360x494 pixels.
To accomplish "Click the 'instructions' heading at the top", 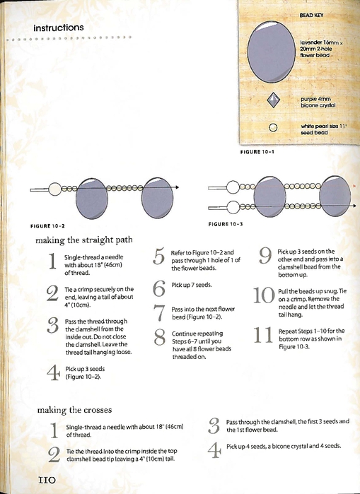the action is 59,28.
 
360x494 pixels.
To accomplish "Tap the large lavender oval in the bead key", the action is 272,52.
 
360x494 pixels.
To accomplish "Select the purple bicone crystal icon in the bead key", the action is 273,100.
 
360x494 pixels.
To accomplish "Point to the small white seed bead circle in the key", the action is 273,128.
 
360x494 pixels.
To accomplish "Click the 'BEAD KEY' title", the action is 311,15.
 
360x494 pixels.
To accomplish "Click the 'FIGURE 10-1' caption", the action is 257,152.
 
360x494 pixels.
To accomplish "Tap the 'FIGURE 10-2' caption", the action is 47,226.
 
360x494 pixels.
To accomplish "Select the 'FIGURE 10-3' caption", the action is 226,224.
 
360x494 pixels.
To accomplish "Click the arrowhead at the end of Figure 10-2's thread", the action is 177,187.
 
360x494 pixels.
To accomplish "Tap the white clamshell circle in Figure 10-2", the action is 55,189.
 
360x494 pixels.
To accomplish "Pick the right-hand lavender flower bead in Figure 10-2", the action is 157,198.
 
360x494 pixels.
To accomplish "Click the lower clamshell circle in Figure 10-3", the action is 233,207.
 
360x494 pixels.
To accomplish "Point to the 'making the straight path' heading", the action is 84,240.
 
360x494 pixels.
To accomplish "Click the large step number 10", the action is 264,295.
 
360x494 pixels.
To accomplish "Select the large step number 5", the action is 159,257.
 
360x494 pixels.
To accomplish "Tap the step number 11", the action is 263,335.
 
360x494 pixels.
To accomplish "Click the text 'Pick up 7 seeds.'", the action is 192,285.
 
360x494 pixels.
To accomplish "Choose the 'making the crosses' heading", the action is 74,410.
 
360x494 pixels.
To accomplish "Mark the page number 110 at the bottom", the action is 47,480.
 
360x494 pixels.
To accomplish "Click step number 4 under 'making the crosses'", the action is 214,450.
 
